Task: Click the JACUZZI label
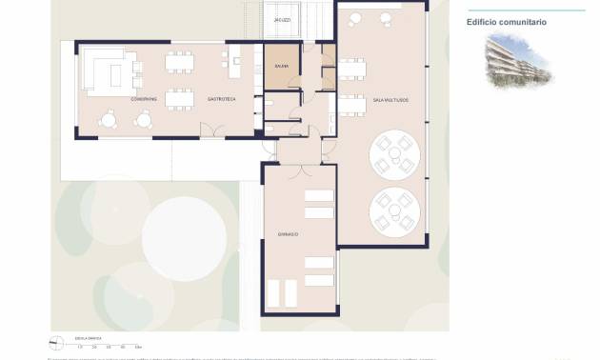[x=282, y=19]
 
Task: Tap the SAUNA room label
[x=281, y=66]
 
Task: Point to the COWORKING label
[x=144, y=99]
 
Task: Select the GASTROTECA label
[x=221, y=99]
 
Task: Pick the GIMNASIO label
[x=289, y=233]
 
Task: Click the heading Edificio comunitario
[x=507, y=22]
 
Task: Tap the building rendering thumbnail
[x=516, y=63]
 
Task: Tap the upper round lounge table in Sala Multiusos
[x=395, y=153]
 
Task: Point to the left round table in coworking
[x=109, y=119]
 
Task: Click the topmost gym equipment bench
[x=319, y=196]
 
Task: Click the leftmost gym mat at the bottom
[x=274, y=292]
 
